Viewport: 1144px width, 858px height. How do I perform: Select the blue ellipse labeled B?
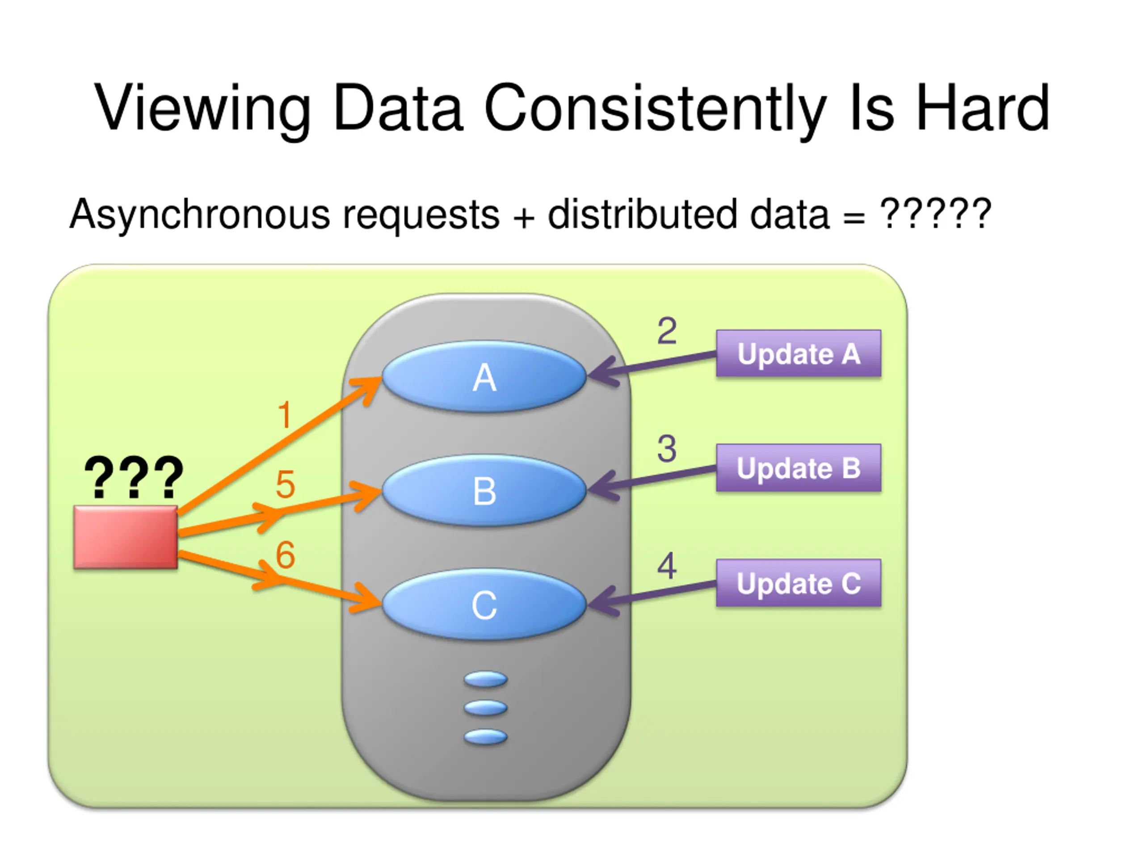coord(484,490)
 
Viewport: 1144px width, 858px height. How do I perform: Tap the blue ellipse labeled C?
coord(484,605)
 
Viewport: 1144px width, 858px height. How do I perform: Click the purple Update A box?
coord(799,353)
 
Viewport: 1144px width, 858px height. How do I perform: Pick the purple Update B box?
coord(799,467)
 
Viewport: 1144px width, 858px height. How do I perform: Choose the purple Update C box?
coord(799,583)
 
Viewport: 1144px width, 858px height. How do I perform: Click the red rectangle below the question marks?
coord(126,537)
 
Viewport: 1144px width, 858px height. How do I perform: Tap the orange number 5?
coord(286,484)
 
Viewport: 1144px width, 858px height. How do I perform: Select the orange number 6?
coord(286,555)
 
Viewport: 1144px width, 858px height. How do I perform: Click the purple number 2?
coord(667,331)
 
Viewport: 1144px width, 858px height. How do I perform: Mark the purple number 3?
coord(667,448)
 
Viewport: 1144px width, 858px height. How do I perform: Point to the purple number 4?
coord(667,566)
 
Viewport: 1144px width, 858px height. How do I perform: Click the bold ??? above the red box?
coord(134,477)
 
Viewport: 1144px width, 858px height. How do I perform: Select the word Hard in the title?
coord(983,108)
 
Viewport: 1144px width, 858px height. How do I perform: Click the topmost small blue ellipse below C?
coord(485,679)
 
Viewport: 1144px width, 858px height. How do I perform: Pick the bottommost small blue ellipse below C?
coord(485,736)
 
